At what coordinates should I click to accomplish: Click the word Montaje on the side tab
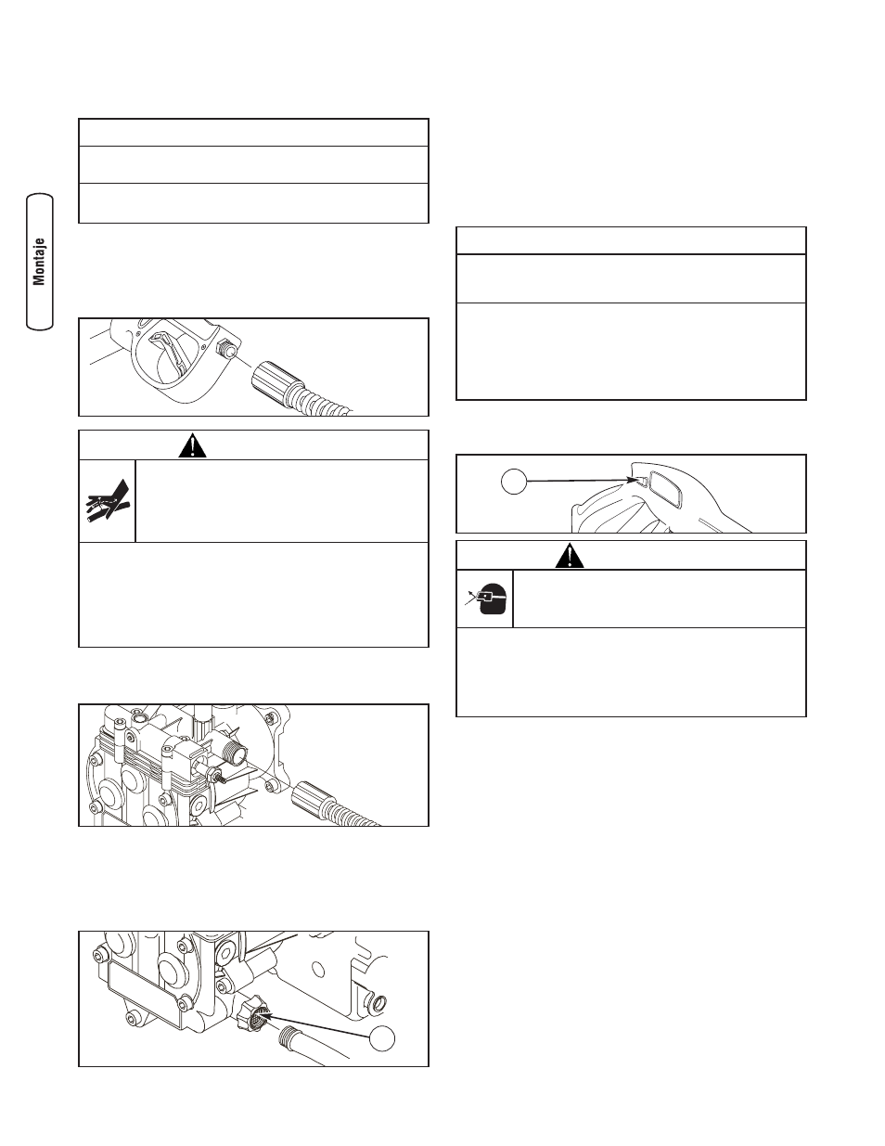coord(40,262)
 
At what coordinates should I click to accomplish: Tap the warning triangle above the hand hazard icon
coord(192,445)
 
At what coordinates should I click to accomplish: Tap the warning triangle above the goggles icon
coord(570,556)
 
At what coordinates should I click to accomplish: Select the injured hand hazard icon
coord(108,501)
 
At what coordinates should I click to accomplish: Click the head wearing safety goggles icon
coord(485,599)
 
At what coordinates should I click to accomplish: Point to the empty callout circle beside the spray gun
coord(513,481)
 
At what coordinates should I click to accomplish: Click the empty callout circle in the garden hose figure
coord(381,1038)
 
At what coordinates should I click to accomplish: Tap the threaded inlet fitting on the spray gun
coord(226,349)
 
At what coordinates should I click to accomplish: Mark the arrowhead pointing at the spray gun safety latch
coord(632,480)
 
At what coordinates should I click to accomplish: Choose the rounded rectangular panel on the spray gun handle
coord(666,489)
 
